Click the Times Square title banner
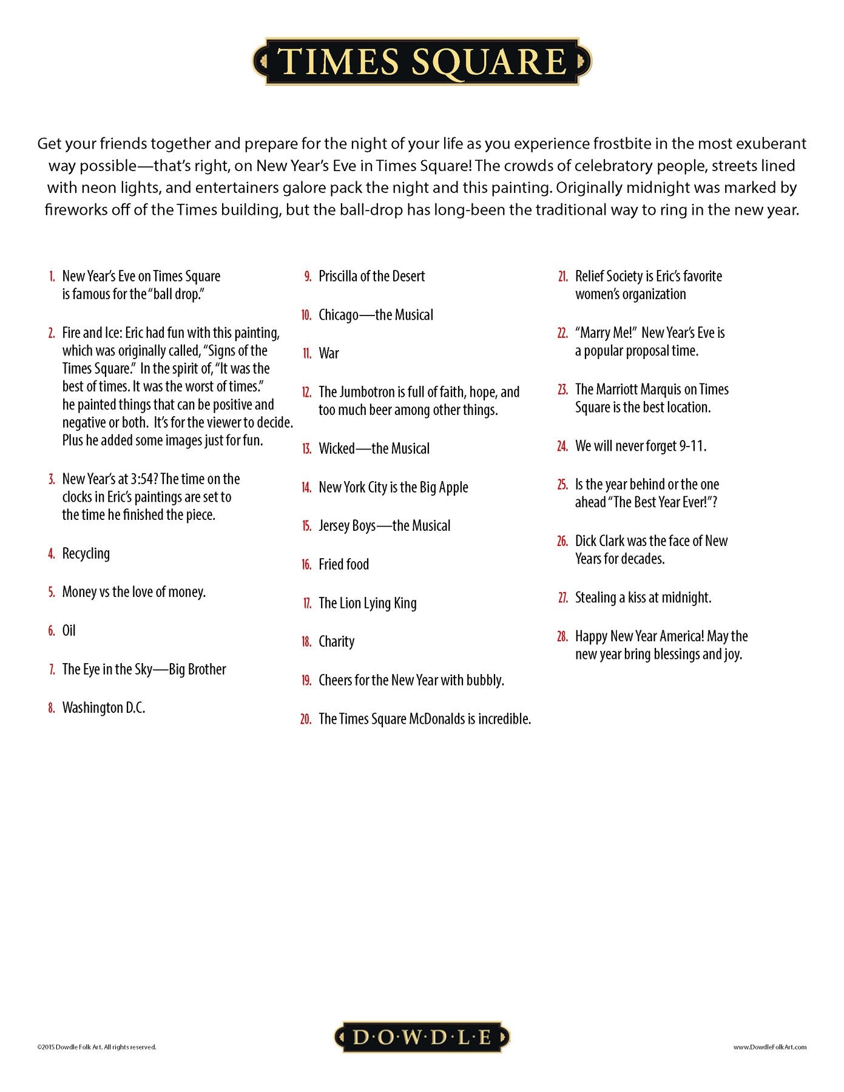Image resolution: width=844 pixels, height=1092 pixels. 422,61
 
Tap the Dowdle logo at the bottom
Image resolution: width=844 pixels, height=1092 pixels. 422,1037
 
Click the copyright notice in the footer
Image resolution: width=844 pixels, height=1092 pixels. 96,1047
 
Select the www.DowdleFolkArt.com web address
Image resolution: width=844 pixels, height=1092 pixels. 769,1047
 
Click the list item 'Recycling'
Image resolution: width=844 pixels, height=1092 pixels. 86,553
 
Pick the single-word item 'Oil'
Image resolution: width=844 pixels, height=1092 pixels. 69,631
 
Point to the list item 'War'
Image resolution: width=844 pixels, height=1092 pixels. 328,354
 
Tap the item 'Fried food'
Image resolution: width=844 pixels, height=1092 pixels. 343,565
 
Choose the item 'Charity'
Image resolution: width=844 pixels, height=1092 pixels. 336,642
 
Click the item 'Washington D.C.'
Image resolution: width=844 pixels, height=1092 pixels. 103,708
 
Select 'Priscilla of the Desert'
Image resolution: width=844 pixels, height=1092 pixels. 371,277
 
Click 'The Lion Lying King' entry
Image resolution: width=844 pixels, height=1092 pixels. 367,603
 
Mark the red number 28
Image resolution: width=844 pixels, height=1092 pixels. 562,636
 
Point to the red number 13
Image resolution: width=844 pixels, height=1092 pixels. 306,449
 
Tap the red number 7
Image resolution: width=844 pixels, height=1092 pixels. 52,670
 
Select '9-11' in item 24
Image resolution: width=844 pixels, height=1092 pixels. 692,447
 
